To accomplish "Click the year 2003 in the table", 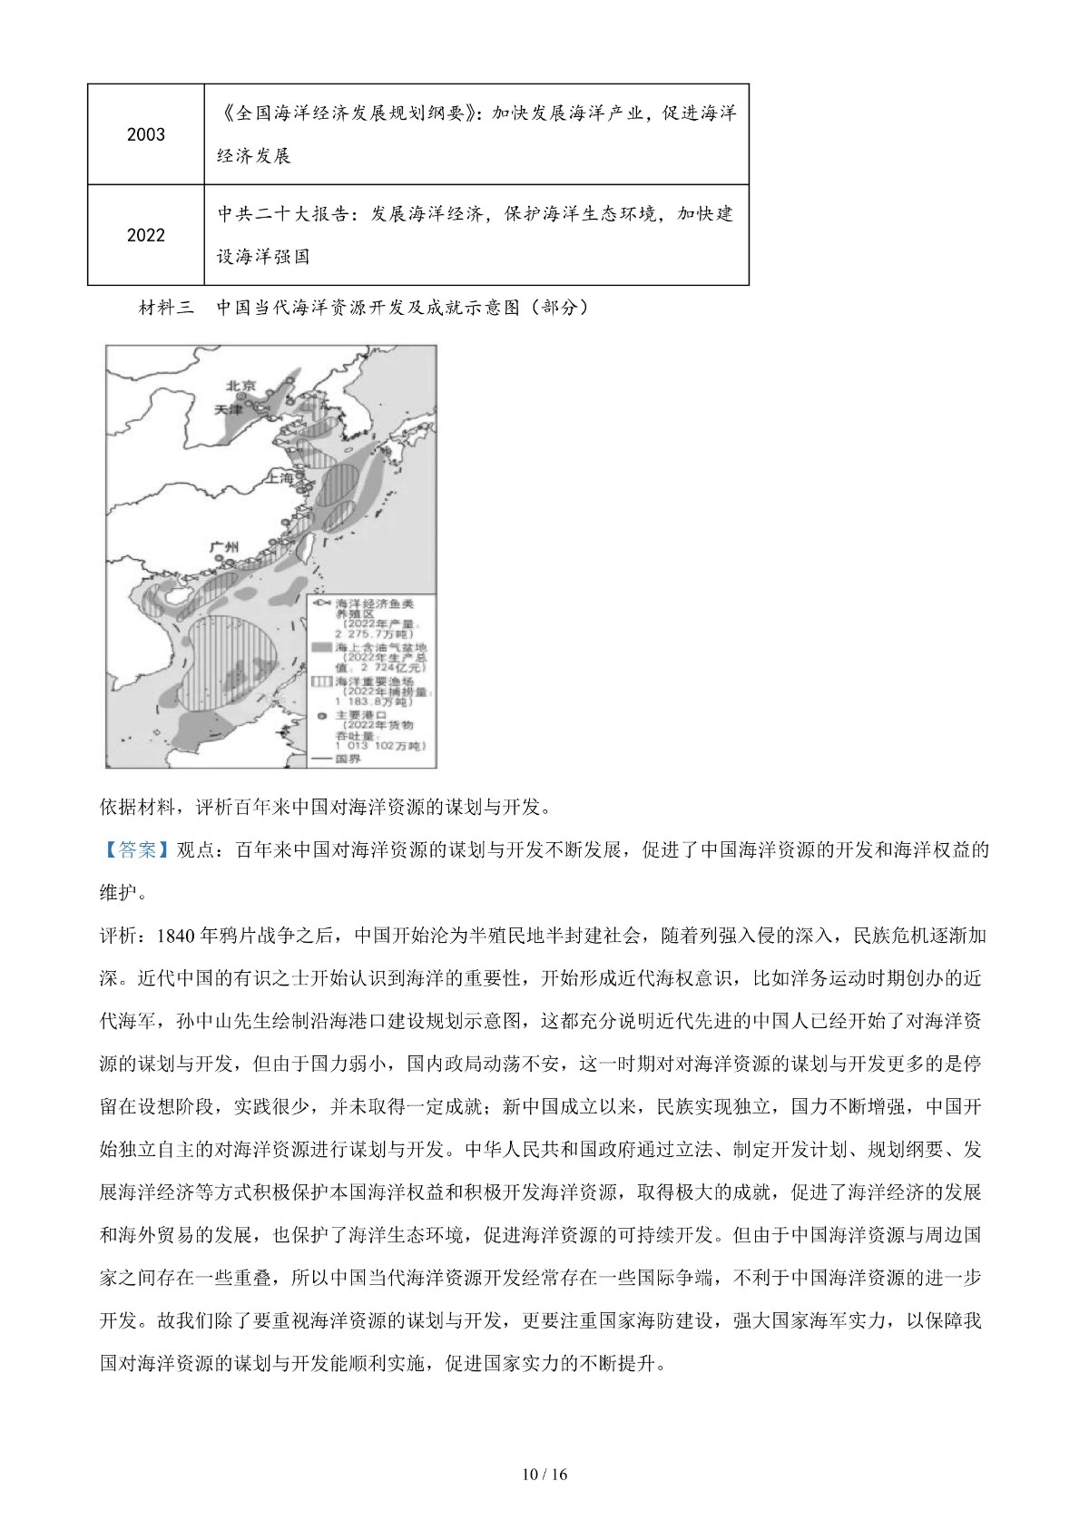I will coord(145,135).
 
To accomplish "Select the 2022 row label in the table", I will coord(145,236).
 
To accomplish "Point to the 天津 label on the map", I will coord(229,409).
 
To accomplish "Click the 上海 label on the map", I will coord(280,477).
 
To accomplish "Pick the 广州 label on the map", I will coord(223,547).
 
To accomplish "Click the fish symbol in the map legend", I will coord(320,603).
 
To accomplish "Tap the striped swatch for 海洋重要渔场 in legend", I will coord(320,682).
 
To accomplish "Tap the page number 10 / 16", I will coord(544,1474).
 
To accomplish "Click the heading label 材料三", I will coord(165,308).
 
